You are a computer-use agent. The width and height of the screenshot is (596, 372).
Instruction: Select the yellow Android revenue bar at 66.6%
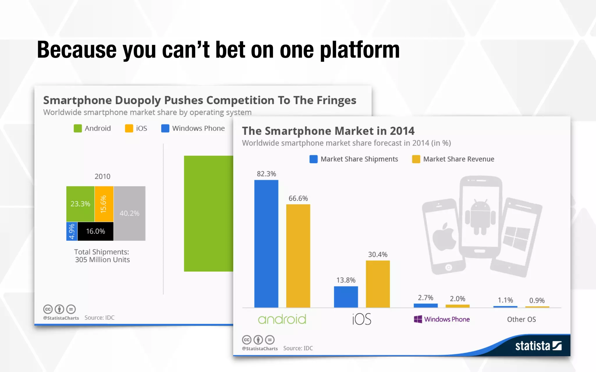[298, 256]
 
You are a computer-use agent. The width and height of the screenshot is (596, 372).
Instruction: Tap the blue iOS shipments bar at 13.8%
[346, 297]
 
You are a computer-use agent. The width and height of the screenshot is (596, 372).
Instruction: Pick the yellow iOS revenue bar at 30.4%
[377, 284]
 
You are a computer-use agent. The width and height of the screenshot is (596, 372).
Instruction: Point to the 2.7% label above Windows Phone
[425, 298]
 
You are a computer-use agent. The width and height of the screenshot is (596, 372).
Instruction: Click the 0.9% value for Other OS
[537, 300]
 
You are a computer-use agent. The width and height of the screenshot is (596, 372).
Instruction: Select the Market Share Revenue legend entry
[453, 159]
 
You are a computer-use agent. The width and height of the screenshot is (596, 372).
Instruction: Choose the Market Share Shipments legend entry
[354, 159]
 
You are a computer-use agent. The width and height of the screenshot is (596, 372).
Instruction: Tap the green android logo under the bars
[282, 319]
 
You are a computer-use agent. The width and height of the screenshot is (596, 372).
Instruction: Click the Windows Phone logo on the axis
[441, 319]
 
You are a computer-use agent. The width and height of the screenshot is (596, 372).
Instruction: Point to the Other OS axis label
[521, 319]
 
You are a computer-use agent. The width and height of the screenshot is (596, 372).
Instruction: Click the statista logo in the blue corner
[538, 346]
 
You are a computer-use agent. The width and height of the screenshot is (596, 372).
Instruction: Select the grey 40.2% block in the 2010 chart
[130, 213]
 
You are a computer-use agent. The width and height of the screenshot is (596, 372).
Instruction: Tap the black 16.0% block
[95, 231]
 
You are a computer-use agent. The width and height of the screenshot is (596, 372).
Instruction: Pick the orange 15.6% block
[104, 204]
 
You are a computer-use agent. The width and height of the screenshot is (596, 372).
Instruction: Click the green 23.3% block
[80, 204]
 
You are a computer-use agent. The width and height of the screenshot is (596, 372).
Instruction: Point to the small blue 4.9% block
[72, 231]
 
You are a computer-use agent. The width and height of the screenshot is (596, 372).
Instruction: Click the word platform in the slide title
[360, 50]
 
